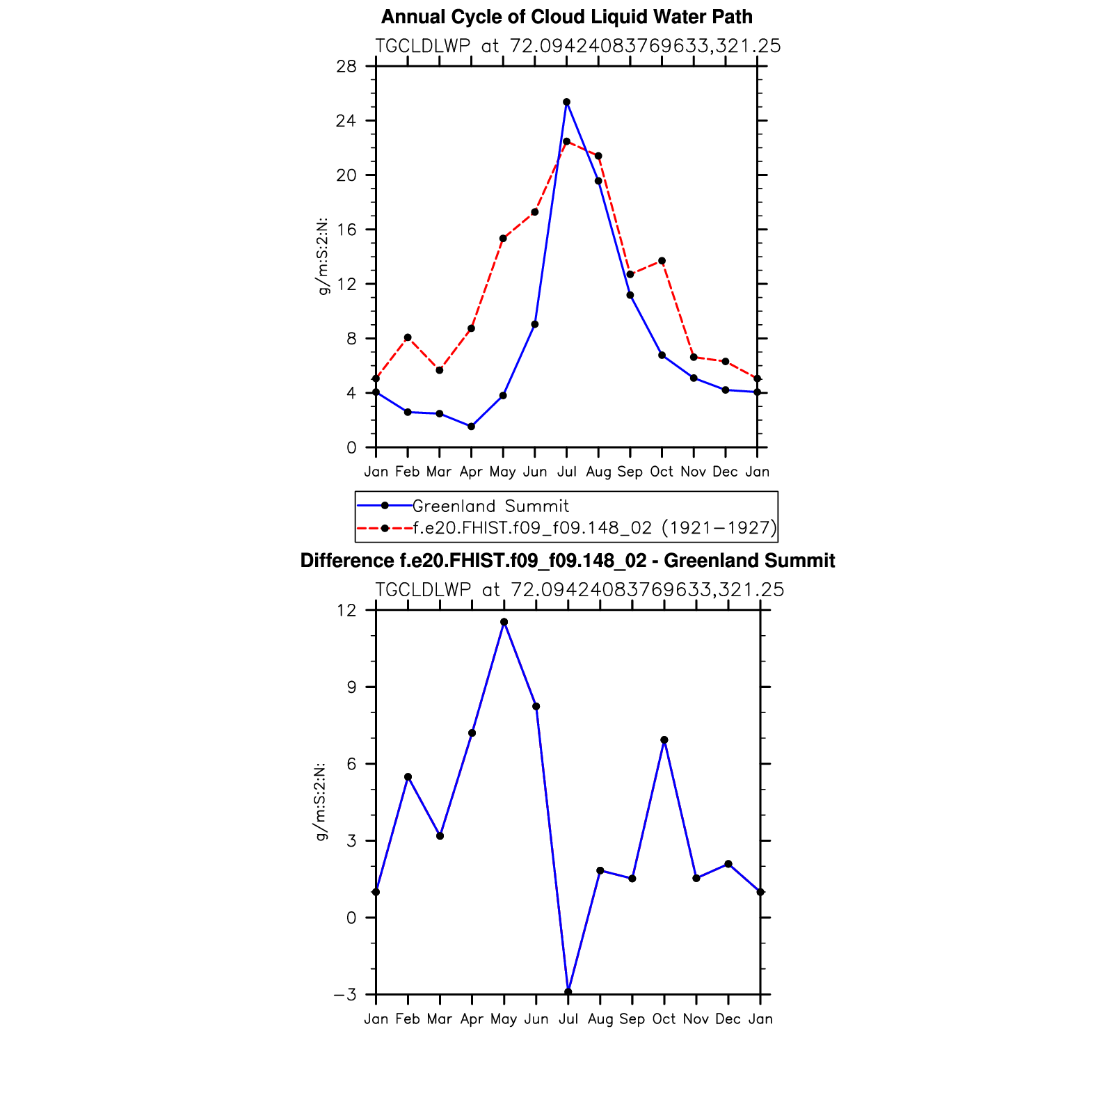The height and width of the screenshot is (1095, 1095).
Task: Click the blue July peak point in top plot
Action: [566, 102]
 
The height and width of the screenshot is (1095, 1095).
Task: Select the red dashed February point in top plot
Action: [408, 337]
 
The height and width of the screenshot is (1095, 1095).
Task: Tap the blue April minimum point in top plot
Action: [471, 426]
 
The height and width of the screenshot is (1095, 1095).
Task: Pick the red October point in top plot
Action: [662, 261]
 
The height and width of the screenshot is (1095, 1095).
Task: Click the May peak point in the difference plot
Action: [504, 622]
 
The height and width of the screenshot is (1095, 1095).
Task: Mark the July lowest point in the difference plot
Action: [568, 991]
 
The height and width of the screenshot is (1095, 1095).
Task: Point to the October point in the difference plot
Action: [664, 740]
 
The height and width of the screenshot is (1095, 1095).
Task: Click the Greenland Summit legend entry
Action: [490, 506]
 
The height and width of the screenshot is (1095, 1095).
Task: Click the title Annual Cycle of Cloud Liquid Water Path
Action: [566, 17]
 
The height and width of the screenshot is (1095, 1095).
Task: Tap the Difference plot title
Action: [567, 561]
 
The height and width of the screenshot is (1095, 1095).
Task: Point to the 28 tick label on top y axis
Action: [346, 66]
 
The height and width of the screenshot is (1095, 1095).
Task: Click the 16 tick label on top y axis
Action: [346, 230]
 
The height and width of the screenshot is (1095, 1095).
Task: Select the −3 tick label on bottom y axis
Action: [344, 995]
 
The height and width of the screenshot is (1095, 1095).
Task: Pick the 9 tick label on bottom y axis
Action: [351, 687]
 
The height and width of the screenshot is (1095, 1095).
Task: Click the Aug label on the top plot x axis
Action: [598, 472]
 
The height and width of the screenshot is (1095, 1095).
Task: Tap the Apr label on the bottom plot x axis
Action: [472, 1019]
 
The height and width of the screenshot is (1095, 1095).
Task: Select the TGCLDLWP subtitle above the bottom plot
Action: [579, 590]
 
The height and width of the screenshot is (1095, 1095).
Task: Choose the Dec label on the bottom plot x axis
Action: [728, 1019]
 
